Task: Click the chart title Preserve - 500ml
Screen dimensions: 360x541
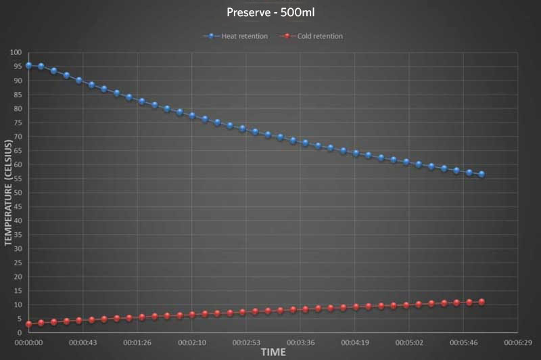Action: click(x=270, y=12)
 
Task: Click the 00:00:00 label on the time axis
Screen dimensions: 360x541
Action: click(x=28, y=343)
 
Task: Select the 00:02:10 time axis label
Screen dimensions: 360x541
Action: click(x=191, y=343)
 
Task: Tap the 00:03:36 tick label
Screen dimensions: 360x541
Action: click(x=300, y=343)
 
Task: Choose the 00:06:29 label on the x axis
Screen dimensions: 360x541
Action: click(x=517, y=343)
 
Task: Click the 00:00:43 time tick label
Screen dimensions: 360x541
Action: click(x=83, y=343)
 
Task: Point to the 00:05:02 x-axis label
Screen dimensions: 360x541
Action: click(x=408, y=343)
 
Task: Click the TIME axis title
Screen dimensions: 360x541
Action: click(x=273, y=353)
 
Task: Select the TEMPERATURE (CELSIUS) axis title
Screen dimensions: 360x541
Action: click(x=9, y=194)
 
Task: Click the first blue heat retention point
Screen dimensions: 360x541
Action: click(x=28, y=66)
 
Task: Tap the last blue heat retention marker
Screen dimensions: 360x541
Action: click(x=481, y=174)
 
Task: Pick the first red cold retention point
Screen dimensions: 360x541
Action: click(x=28, y=324)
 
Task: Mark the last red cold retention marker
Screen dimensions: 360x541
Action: click(x=481, y=302)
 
